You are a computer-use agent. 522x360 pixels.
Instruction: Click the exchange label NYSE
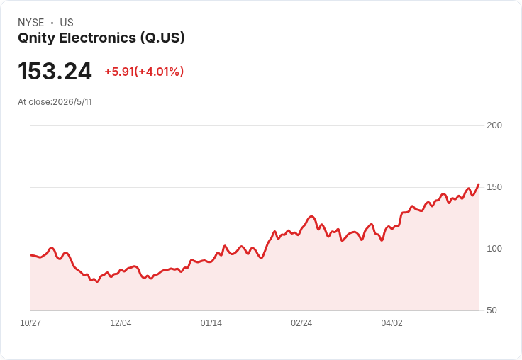31,23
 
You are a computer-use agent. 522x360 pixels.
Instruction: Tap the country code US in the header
67,23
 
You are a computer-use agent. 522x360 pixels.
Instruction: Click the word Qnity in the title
36,38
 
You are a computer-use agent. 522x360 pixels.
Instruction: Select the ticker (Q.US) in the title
162,38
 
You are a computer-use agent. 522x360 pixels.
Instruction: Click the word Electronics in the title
98,38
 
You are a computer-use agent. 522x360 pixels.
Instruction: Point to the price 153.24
55,71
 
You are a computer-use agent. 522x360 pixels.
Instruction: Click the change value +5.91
119,72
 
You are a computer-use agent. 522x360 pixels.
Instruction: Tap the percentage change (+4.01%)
159,72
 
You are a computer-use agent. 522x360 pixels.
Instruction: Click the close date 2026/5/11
72,102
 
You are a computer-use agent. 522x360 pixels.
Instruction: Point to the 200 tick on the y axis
494,125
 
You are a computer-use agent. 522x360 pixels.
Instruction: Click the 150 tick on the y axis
494,187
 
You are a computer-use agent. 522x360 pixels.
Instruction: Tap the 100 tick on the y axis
494,249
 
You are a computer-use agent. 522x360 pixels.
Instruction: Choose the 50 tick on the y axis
492,310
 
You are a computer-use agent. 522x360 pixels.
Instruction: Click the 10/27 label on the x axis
30,323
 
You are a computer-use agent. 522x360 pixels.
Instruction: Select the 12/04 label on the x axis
121,323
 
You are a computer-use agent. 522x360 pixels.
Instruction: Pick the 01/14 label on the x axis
211,323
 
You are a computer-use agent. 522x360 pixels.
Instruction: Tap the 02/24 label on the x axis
301,323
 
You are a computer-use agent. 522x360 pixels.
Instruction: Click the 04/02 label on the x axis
391,323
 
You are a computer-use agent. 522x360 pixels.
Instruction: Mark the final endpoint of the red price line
479,184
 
